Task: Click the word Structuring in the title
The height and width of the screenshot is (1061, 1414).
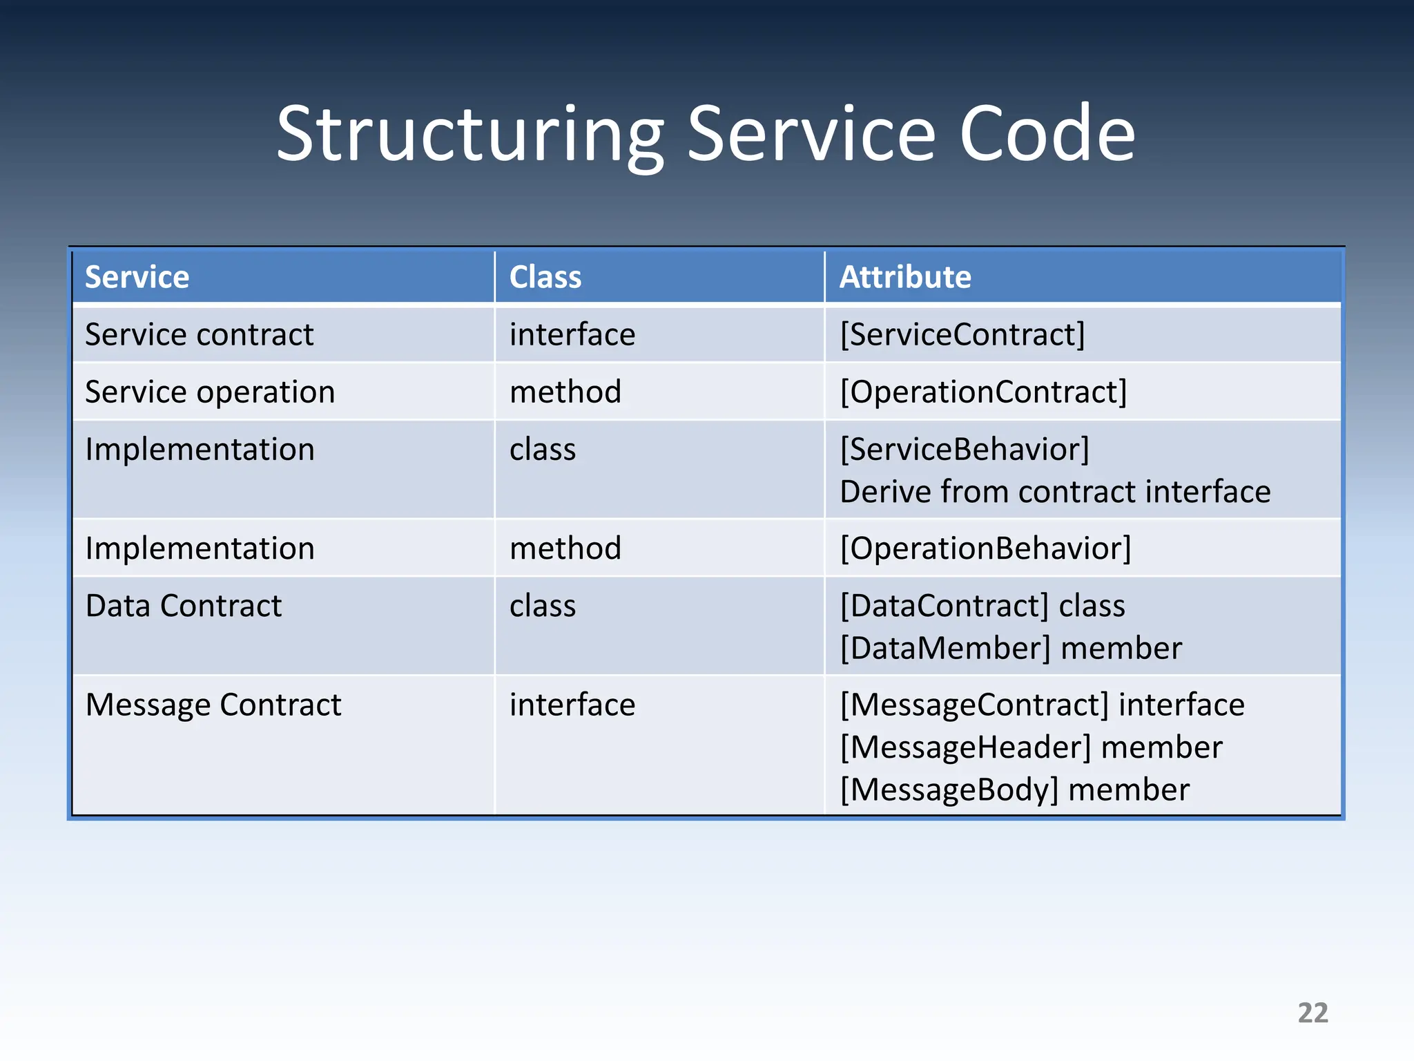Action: click(x=469, y=135)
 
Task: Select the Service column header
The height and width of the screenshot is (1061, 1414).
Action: click(x=137, y=278)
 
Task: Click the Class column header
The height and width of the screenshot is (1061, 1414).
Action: click(x=545, y=278)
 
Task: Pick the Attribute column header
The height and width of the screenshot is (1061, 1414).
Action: click(x=905, y=278)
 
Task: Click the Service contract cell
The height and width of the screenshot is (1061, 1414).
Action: click(x=199, y=335)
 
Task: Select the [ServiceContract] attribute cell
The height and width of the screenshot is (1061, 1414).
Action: click(x=962, y=335)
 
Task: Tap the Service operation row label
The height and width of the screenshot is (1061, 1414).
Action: click(x=210, y=392)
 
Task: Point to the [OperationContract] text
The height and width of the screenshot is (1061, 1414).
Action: click(x=983, y=392)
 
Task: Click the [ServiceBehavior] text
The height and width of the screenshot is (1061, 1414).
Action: click(x=965, y=450)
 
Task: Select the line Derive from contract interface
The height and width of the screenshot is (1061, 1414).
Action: click(x=1055, y=493)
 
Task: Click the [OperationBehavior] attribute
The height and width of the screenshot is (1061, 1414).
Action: click(x=985, y=549)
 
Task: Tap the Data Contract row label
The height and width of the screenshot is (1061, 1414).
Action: click(x=184, y=606)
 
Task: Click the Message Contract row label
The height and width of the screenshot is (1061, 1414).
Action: click(x=213, y=705)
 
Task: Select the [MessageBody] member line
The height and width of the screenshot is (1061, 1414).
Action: click(x=1015, y=790)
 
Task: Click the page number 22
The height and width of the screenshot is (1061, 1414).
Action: click(x=1313, y=1013)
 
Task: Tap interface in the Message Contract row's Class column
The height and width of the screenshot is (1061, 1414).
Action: click(x=572, y=705)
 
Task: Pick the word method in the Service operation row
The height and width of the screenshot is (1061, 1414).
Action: click(x=565, y=392)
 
